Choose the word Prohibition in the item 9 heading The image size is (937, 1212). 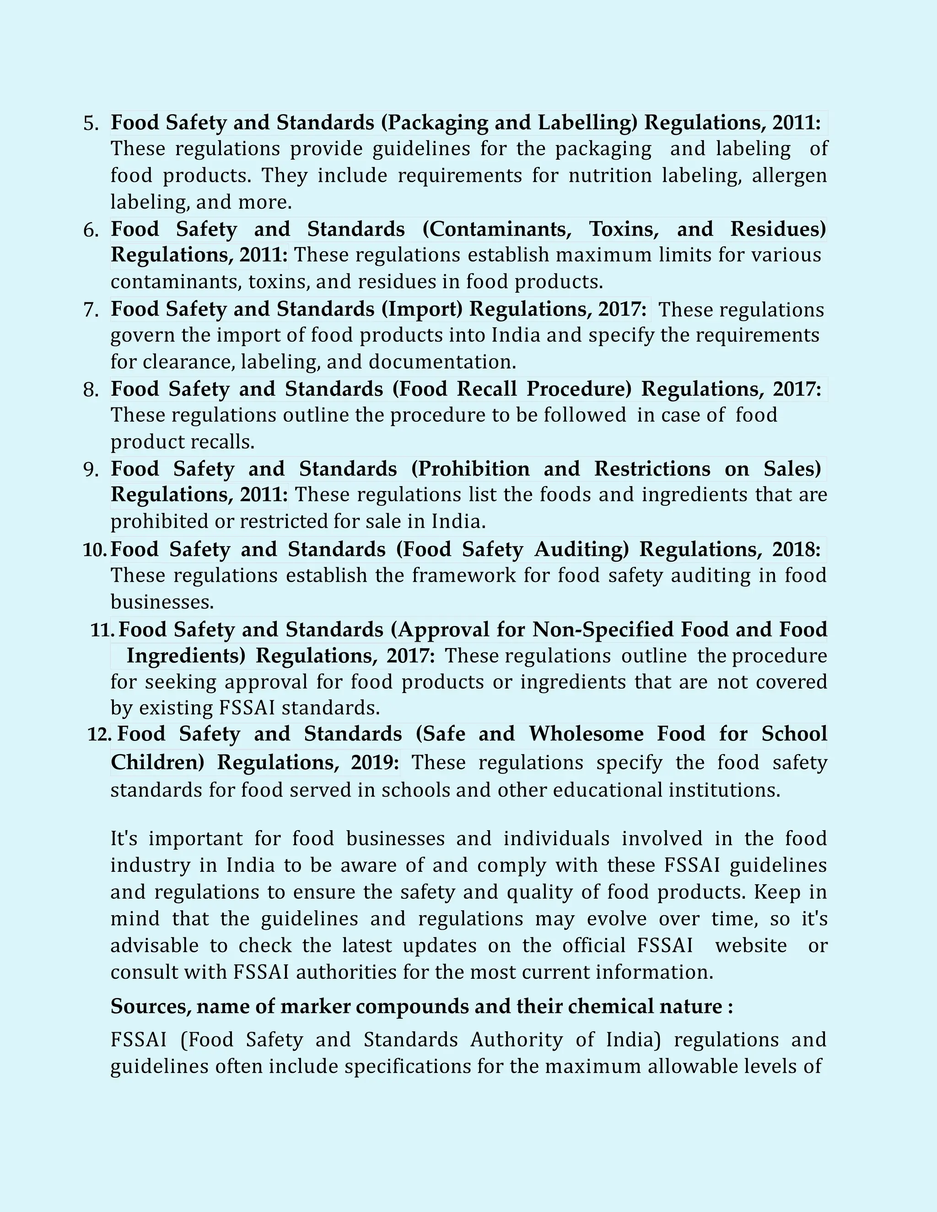[470, 469]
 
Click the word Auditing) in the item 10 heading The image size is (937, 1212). [581, 549]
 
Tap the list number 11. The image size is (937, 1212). [102, 630]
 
